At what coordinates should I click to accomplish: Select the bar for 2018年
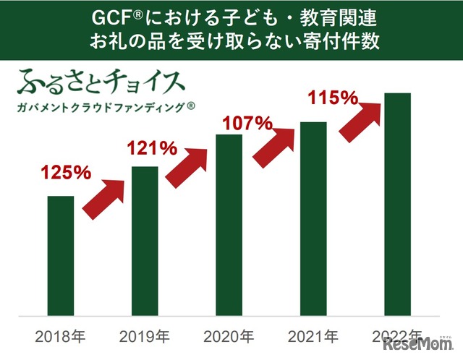pyautogui.click(x=60, y=256)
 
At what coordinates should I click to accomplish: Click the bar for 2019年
pyautogui.click(x=145, y=241)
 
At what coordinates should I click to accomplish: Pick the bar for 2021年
pyautogui.click(x=313, y=219)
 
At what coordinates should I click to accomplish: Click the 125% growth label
pyautogui.click(x=66, y=173)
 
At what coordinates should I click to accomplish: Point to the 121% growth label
pyautogui.click(x=152, y=149)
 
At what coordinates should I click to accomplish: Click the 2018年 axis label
pyautogui.click(x=60, y=337)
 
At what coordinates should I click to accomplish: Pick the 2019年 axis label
pyautogui.click(x=145, y=337)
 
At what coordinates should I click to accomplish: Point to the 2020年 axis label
pyautogui.click(x=229, y=337)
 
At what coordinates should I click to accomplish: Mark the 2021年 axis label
pyautogui.click(x=313, y=337)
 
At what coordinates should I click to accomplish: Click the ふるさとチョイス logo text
pyautogui.click(x=101, y=82)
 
